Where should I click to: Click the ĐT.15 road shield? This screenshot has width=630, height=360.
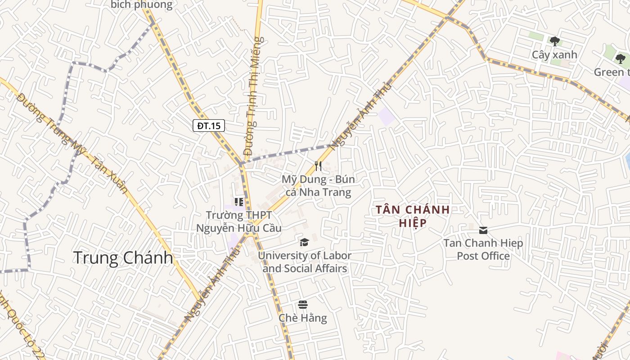(209, 126)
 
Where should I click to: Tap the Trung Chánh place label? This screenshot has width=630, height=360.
(123, 258)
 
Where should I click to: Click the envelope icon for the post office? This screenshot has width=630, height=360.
(483, 230)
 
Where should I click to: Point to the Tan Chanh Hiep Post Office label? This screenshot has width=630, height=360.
(483, 250)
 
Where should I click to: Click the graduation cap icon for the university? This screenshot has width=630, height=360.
(305, 243)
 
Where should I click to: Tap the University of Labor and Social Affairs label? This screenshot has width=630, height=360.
(305, 262)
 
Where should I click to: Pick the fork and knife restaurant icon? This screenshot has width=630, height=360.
(318, 166)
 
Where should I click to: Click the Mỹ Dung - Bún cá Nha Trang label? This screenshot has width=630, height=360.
(318, 186)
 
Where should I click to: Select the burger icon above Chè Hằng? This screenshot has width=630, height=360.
(303, 305)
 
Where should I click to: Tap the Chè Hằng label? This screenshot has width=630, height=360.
(303, 318)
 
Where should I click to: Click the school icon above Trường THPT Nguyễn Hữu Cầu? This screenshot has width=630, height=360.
(239, 202)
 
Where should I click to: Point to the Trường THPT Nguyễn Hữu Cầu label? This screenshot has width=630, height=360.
(239, 222)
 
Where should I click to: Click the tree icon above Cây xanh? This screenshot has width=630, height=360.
(555, 41)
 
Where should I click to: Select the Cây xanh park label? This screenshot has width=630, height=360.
(554, 55)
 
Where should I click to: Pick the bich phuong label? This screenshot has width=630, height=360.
(141, 5)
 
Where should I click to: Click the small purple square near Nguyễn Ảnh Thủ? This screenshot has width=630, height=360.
(387, 117)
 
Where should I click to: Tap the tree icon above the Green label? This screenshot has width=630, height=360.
(621, 58)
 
